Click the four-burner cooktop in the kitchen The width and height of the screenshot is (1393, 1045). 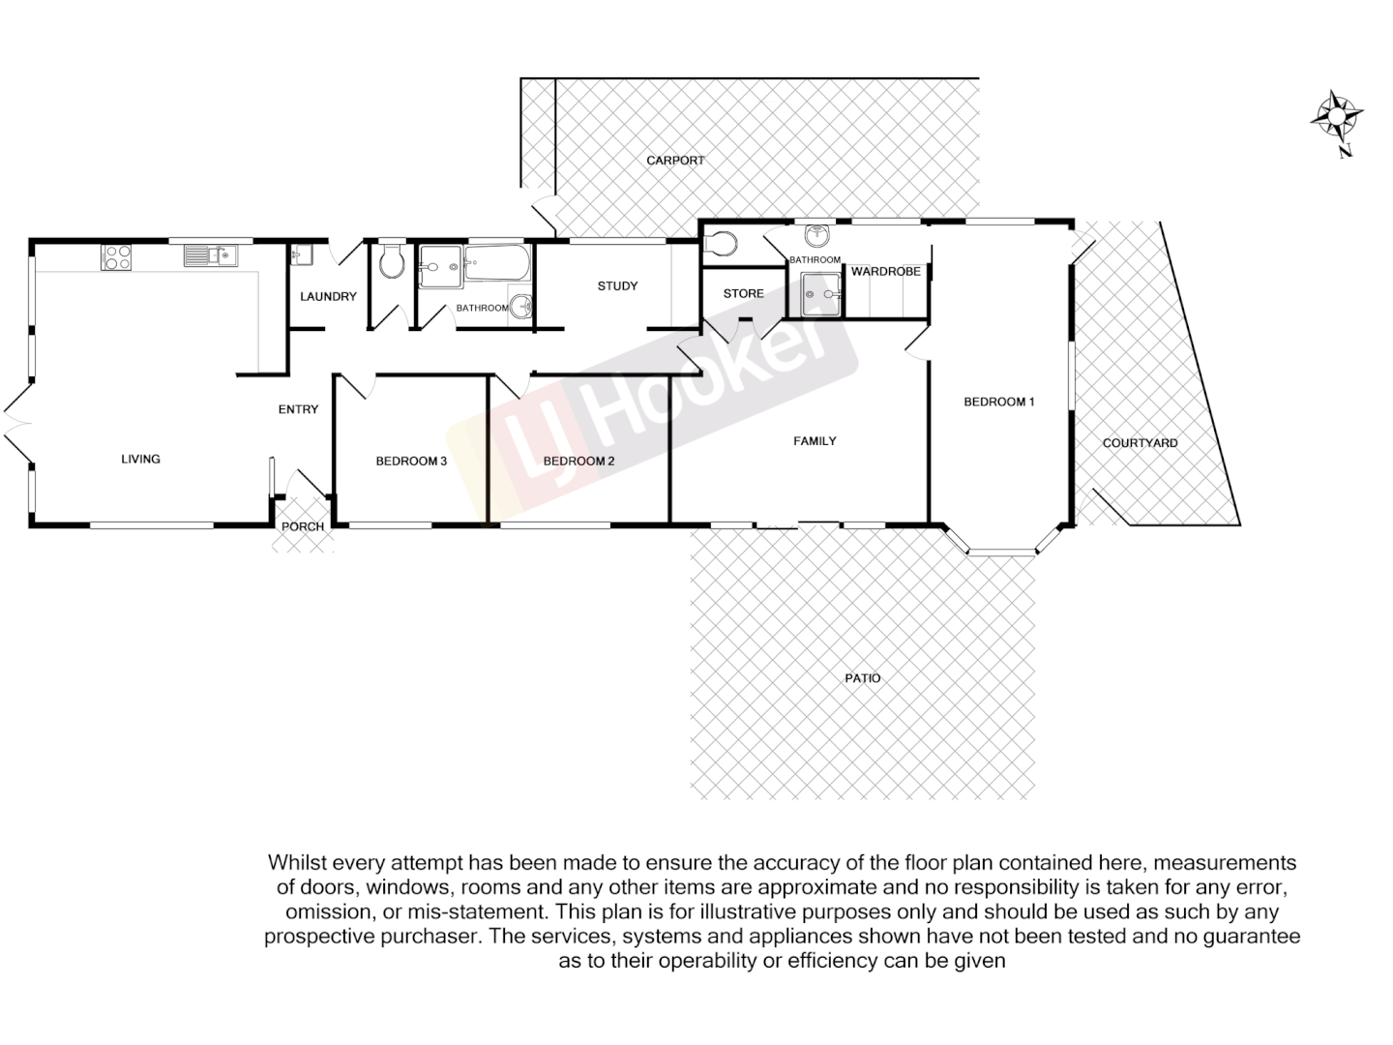117,256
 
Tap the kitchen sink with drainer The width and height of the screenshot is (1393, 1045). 211,255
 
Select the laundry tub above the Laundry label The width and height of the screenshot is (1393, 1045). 301,255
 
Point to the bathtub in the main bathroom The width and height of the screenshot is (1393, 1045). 497,263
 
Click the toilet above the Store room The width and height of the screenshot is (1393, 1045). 723,242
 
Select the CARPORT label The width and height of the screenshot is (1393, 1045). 675,161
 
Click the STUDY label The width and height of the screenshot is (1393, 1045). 617,285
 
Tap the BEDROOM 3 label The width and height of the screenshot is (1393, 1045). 411,461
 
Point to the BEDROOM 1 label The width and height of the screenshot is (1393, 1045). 999,402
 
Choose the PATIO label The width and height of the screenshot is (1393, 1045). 863,678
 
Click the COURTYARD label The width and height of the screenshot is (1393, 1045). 1141,443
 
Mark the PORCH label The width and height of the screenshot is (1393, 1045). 303,527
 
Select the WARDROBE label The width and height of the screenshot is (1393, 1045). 886,272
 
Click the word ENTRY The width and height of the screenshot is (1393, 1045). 298,409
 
